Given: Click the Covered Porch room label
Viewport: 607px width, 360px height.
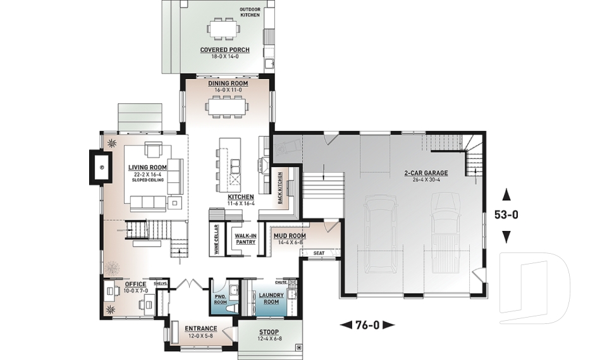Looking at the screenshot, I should pos(224,50).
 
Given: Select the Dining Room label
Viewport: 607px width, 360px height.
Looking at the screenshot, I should pos(228,84).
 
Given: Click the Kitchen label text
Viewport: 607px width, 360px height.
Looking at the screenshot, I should pos(240,197).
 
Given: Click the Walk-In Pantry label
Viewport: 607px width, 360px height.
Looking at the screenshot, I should pos(244,239).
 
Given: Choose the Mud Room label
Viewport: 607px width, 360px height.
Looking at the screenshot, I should pos(289,236).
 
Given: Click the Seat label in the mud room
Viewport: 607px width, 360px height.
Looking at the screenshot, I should pos(319,253).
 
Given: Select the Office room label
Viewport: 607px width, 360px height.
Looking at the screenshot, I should pos(135,285).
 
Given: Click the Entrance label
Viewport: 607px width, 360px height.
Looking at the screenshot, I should pos(200,328).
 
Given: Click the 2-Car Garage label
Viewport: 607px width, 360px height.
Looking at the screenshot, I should pos(426,173).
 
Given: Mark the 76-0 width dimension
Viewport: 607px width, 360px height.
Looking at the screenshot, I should pos(367,325).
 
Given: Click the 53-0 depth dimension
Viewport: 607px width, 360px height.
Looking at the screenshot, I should pos(506,214).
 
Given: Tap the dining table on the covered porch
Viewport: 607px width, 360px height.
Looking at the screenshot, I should pos(224,28).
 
